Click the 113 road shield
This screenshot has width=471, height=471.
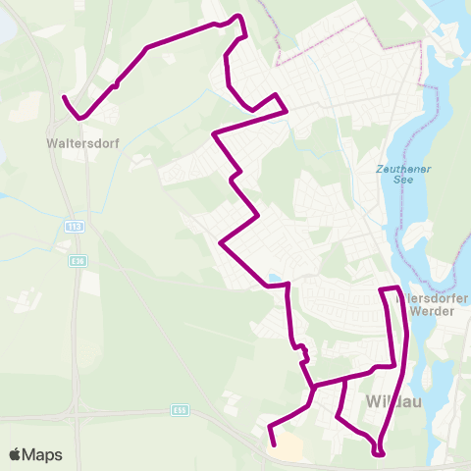pyautogui.click(x=77, y=227)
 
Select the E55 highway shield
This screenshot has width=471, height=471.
pyautogui.click(x=178, y=409)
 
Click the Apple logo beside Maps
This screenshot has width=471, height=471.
pyautogui.click(x=15, y=454)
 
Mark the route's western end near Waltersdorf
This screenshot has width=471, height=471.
pyautogui.click(x=64, y=98)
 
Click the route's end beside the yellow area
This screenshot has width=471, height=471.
pyautogui.click(x=270, y=429)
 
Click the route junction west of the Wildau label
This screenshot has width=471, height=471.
pyautogui.click(x=312, y=388)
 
